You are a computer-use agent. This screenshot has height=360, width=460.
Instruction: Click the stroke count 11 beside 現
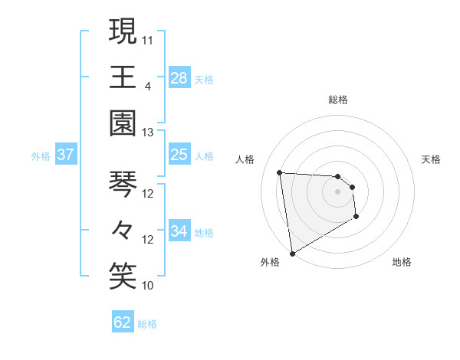(x=148, y=39)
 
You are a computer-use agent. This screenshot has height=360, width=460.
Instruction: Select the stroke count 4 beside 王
(x=147, y=85)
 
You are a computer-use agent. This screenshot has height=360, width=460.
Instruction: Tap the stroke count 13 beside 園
(x=148, y=132)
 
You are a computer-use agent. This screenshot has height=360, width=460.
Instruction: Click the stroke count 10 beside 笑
(x=148, y=286)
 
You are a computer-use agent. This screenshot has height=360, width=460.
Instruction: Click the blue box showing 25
(x=179, y=155)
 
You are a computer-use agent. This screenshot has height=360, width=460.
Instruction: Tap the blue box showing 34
(x=179, y=231)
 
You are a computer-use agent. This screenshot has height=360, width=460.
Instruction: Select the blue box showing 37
(x=66, y=155)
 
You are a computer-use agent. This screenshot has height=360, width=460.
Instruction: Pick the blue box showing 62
(x=123, y=322)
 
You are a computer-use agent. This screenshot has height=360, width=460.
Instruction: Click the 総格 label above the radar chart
(x=338, y=100)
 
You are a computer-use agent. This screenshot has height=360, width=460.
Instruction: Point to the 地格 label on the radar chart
(x=402, y=263)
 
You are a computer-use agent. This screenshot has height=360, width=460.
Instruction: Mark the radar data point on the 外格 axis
(x=292, y=253)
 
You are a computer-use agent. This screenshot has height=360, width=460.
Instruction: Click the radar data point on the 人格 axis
(x=280, y=172)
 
